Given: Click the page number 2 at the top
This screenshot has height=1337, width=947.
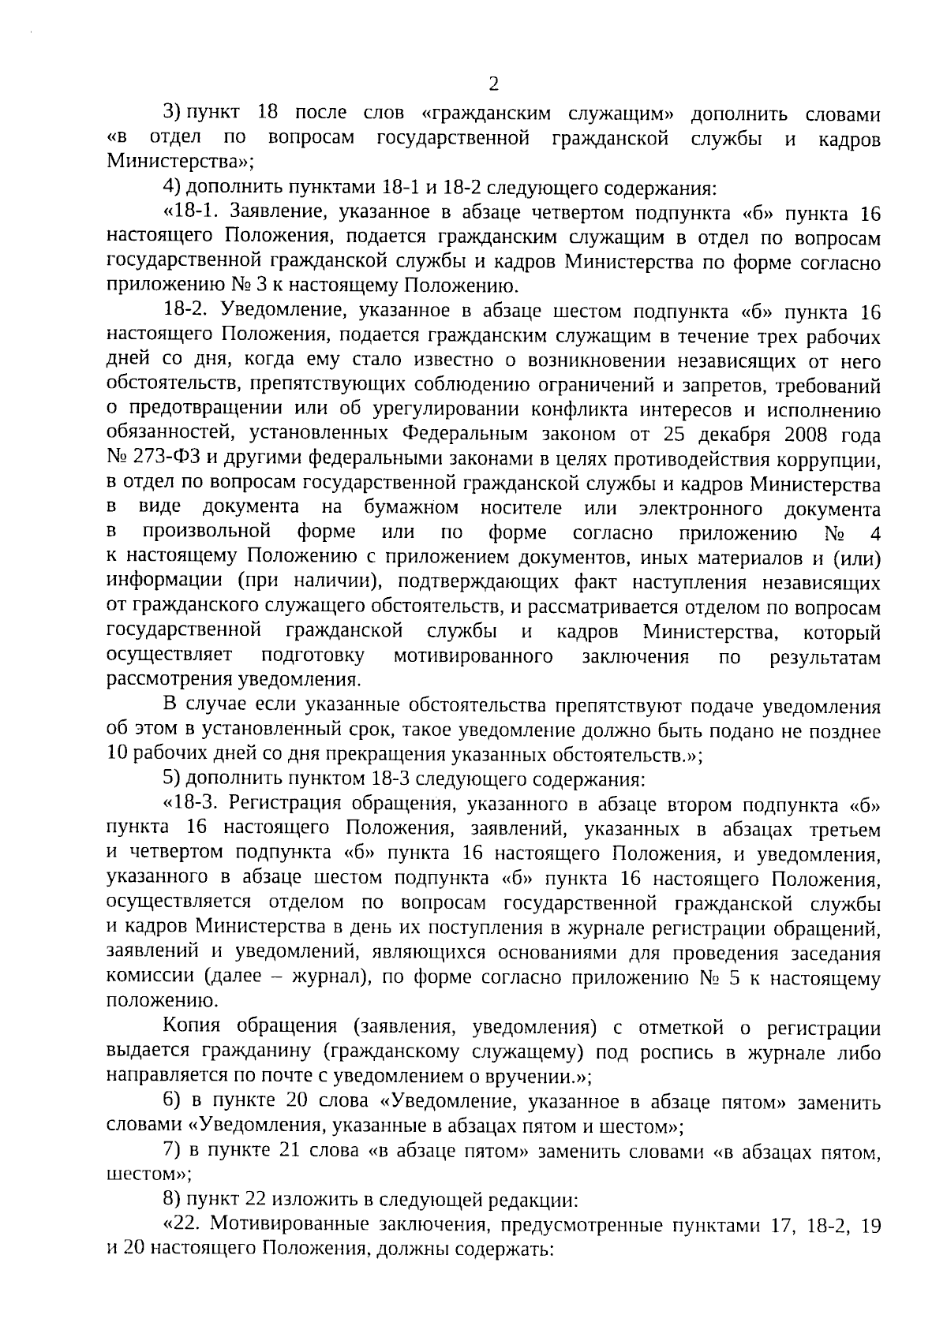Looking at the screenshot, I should pos(493,84).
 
